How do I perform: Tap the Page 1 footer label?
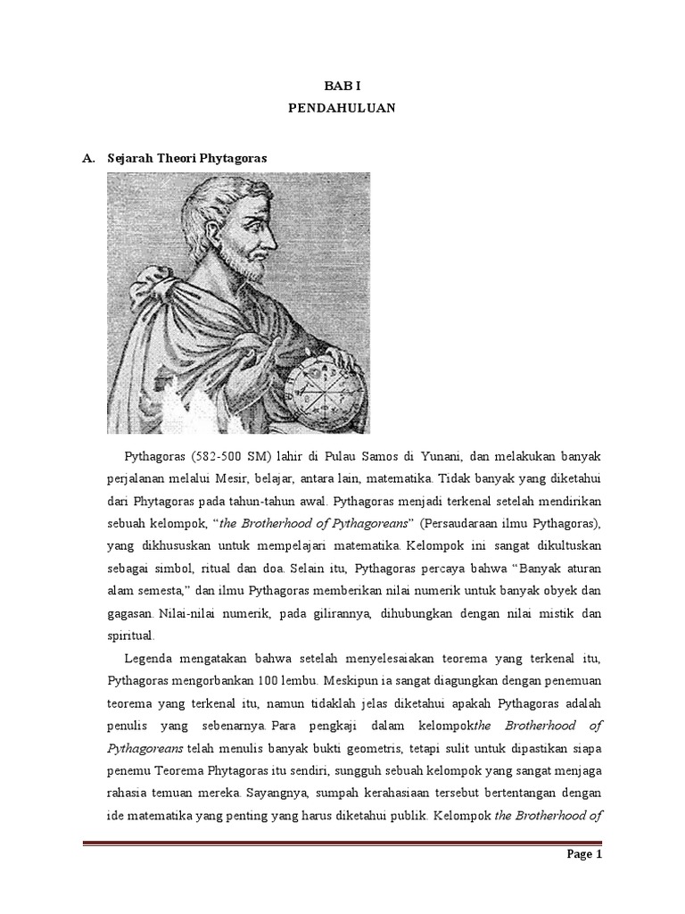pos(584,878)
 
